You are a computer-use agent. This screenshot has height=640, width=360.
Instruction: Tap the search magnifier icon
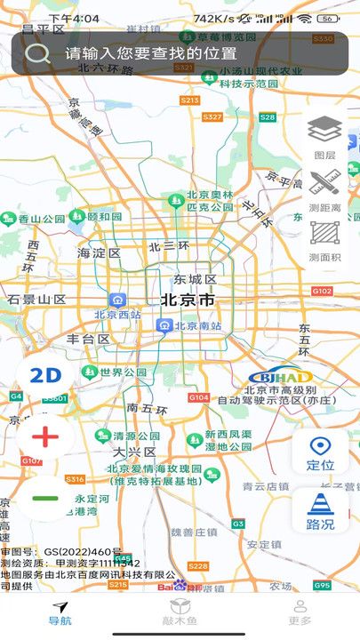37,53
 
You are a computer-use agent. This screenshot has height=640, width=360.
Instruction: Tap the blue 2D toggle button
44,375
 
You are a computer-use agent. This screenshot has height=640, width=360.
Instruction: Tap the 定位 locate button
320,452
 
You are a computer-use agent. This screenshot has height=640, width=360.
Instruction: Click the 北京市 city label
188,300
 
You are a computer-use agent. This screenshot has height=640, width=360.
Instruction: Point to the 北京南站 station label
190,325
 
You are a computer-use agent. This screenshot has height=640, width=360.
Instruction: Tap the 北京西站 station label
117,314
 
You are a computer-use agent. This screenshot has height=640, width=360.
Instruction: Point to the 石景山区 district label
37,300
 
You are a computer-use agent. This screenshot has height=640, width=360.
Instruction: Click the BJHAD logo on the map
279,377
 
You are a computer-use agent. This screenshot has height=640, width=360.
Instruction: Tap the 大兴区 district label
133,452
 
